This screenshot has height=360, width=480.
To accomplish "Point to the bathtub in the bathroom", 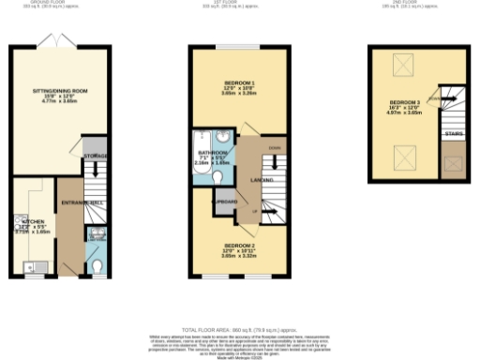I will point(198,155).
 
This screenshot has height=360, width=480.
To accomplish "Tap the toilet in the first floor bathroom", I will point(217,175).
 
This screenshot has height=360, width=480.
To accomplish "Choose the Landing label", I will point(248,179).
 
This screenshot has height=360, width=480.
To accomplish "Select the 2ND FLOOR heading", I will point(415,3).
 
